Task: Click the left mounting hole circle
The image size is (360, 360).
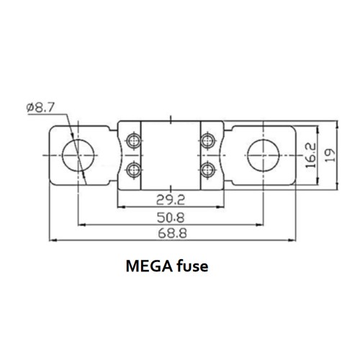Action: [x=76, y=154]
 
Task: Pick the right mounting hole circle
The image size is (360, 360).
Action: [x=264, y=154]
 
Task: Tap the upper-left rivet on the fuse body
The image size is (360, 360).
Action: [x=132, y=139]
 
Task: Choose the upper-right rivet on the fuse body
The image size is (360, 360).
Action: [x=208, y=139]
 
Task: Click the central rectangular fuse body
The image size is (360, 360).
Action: [x=170, y=154]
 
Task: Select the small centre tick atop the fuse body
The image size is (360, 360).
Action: [x=170, y=117]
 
